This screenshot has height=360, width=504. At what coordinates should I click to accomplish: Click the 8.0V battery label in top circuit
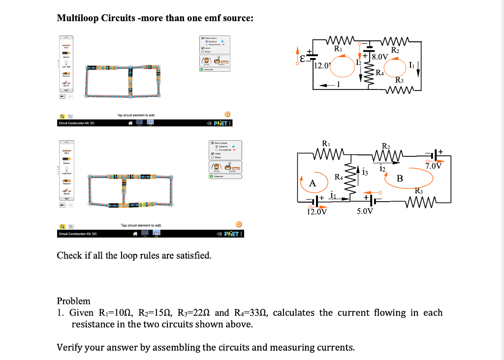(x=381, y=57)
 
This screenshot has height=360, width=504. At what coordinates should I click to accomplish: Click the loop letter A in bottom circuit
(x=312, y=183)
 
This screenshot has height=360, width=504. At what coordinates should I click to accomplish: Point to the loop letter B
(x=400, y=179)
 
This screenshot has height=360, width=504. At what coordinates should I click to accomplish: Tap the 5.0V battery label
(x=365, y=211)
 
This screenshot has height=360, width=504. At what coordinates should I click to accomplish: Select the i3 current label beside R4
(x=365, y=172)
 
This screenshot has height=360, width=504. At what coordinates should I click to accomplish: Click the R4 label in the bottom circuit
(x=339, y=176)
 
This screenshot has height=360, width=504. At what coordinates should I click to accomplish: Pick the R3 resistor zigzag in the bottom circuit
(x=419, y=202)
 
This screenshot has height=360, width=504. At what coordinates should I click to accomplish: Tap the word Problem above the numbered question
(x=74, y=300)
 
